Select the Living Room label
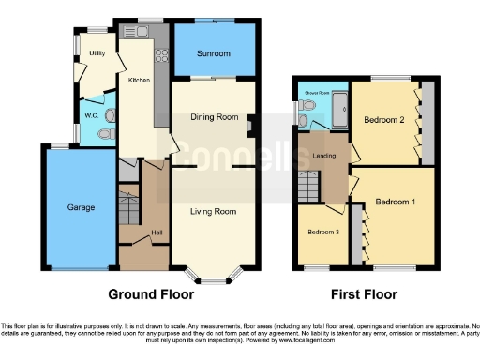(213, 212)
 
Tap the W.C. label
(91, 115)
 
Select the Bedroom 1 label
(395, 202)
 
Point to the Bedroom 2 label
(383, 120)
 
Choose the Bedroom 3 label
(323, 232)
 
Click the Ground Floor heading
(152, 294)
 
